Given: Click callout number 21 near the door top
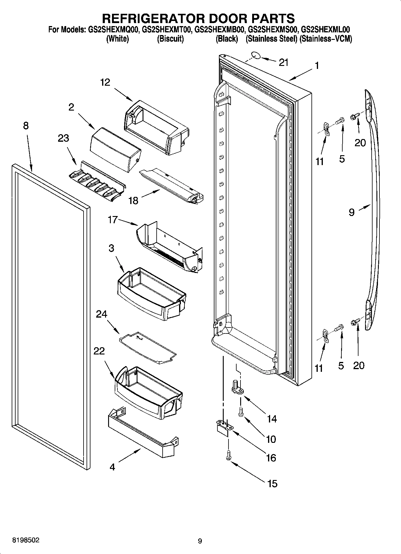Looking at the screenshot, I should pyautogui.click(x=283, y=63).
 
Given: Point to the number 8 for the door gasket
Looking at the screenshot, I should pyautogui.click(x=26, y=126).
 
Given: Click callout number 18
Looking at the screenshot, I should pyautogui.click(x=133, y=200).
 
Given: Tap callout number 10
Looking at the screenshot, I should pyautogui.click(x=271, y=439).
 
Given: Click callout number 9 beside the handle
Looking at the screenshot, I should pyautogui.click(x=352, y=212).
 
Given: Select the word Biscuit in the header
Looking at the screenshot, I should pyautogui.click(x=170, y=39).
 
